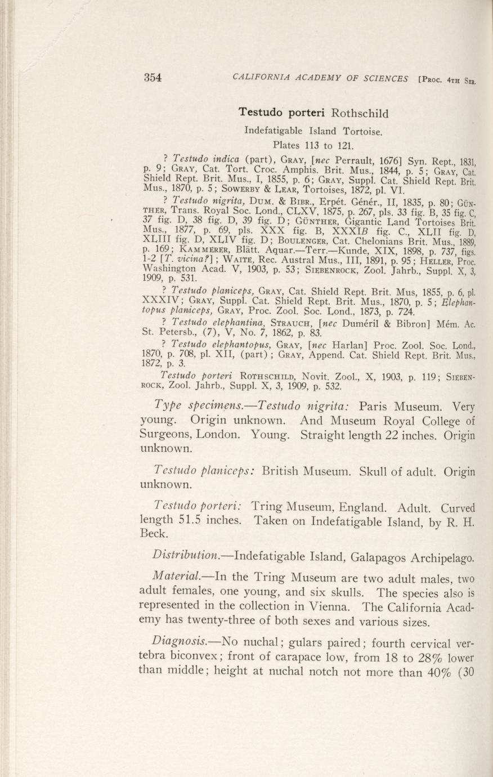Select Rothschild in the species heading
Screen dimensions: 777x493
(x=360, y=113)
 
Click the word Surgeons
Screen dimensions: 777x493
(x=165, y=435)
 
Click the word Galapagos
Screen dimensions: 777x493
(x=379, y=558)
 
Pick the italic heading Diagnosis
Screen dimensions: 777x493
(x=177, y=642)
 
